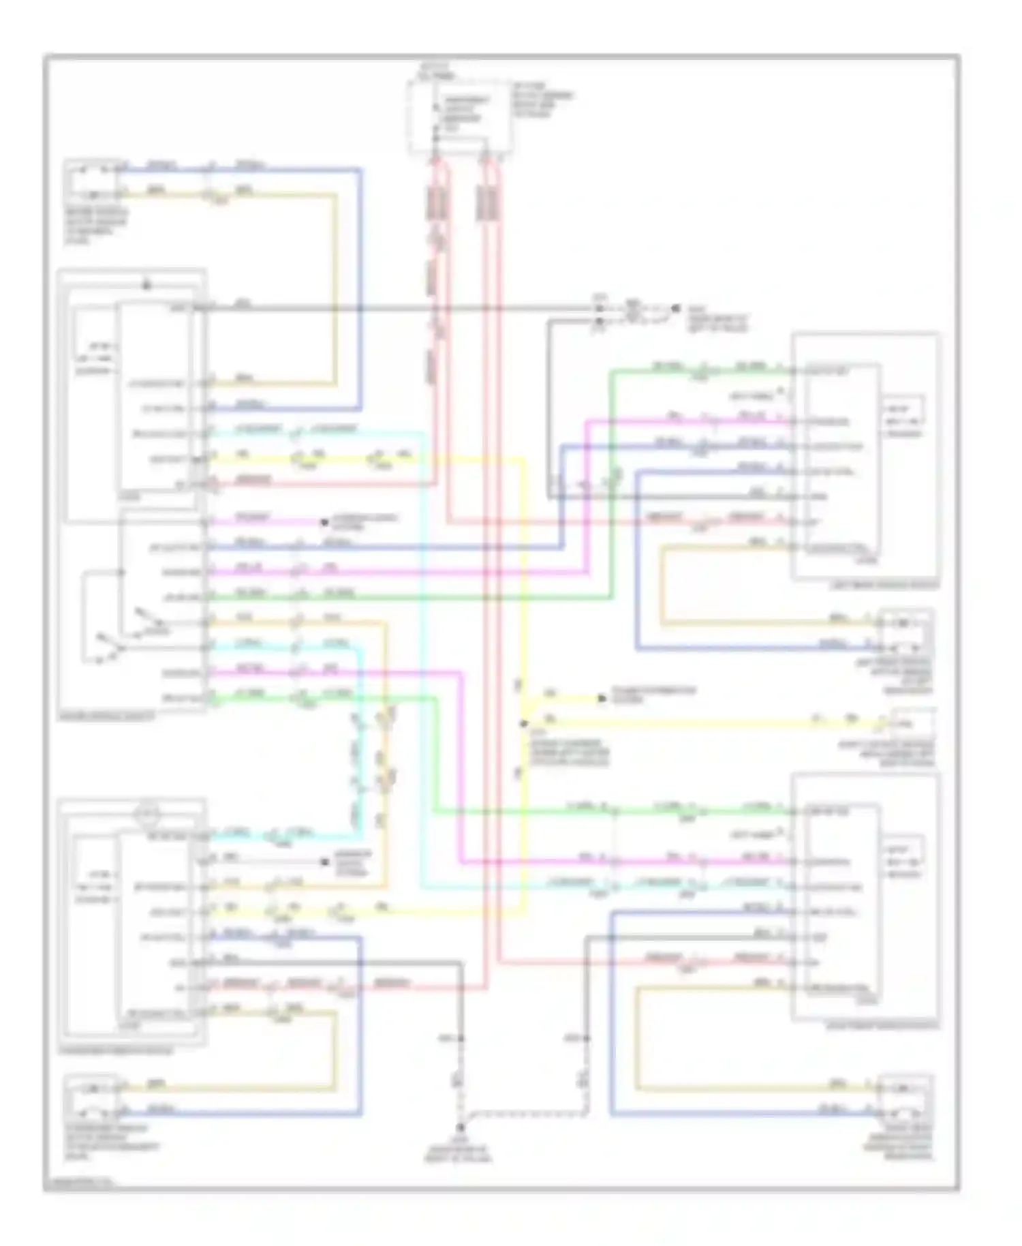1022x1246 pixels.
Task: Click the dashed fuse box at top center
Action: point(459,117)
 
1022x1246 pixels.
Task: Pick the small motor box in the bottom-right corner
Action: point(905,1097)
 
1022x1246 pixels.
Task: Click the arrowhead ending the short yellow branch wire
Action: point(602,699)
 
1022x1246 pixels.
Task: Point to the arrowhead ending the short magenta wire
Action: point(325,523)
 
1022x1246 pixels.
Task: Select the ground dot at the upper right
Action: point(675,309)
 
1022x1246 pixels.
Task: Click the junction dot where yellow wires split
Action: point(524,723)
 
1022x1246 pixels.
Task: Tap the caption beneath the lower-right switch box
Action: point(883,1024)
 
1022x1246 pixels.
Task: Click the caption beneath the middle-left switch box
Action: point(108,716)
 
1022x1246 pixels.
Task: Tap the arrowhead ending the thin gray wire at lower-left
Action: point(325,862)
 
